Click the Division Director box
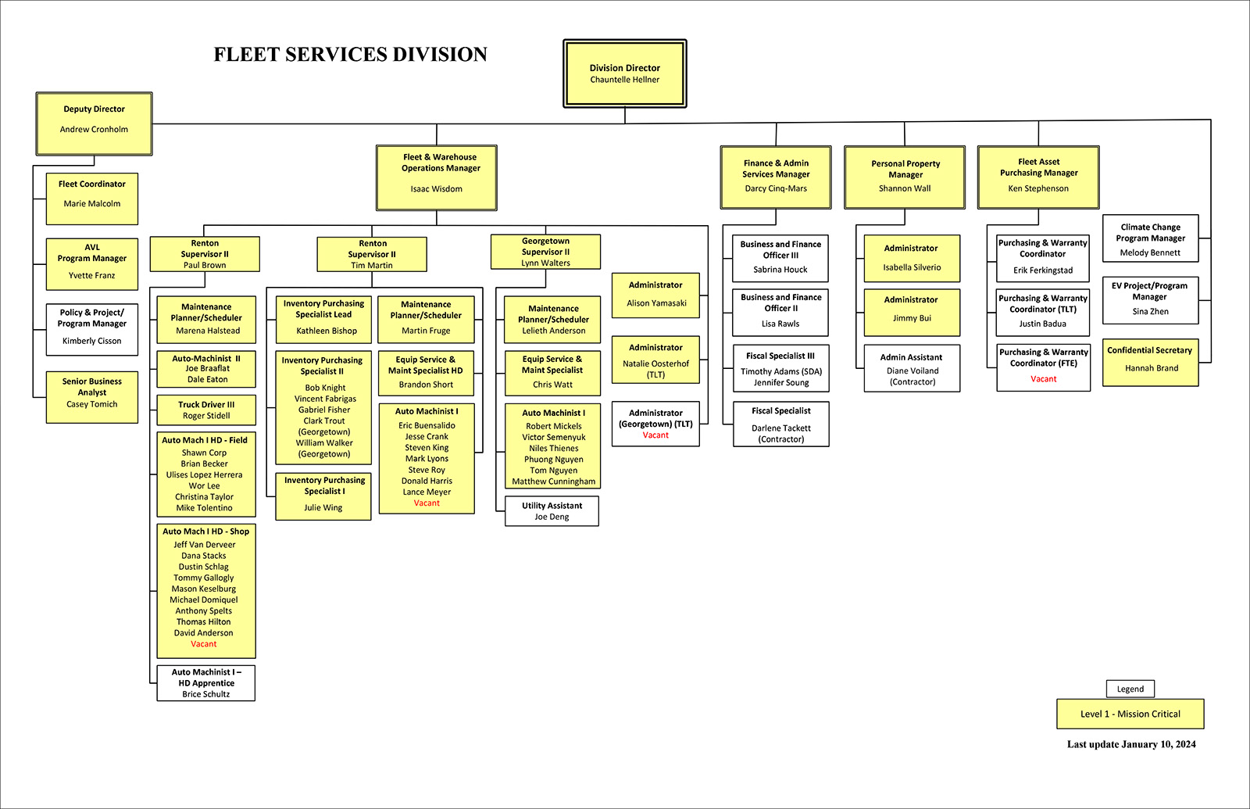(624, 73)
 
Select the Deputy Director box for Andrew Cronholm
(94, 123)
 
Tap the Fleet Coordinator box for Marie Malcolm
(92, 199)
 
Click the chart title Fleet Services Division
(351, 55)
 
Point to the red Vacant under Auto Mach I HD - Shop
(204, 644)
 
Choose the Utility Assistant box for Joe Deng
(552, 511)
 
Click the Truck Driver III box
(206, 410)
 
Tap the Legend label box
(1130, 689)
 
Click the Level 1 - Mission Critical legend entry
(1130, 714)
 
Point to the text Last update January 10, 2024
(1131, 744)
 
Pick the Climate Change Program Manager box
(1150, 238)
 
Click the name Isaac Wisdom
(436, 189)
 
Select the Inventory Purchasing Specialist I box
(323, 496)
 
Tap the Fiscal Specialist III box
(780, 368)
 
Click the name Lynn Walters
(545, 263)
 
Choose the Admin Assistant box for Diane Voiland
(912, 369)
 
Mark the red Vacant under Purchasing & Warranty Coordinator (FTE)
(1043, 379)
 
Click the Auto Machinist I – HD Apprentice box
(206, 682)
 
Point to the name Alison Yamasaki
(656, 303)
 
